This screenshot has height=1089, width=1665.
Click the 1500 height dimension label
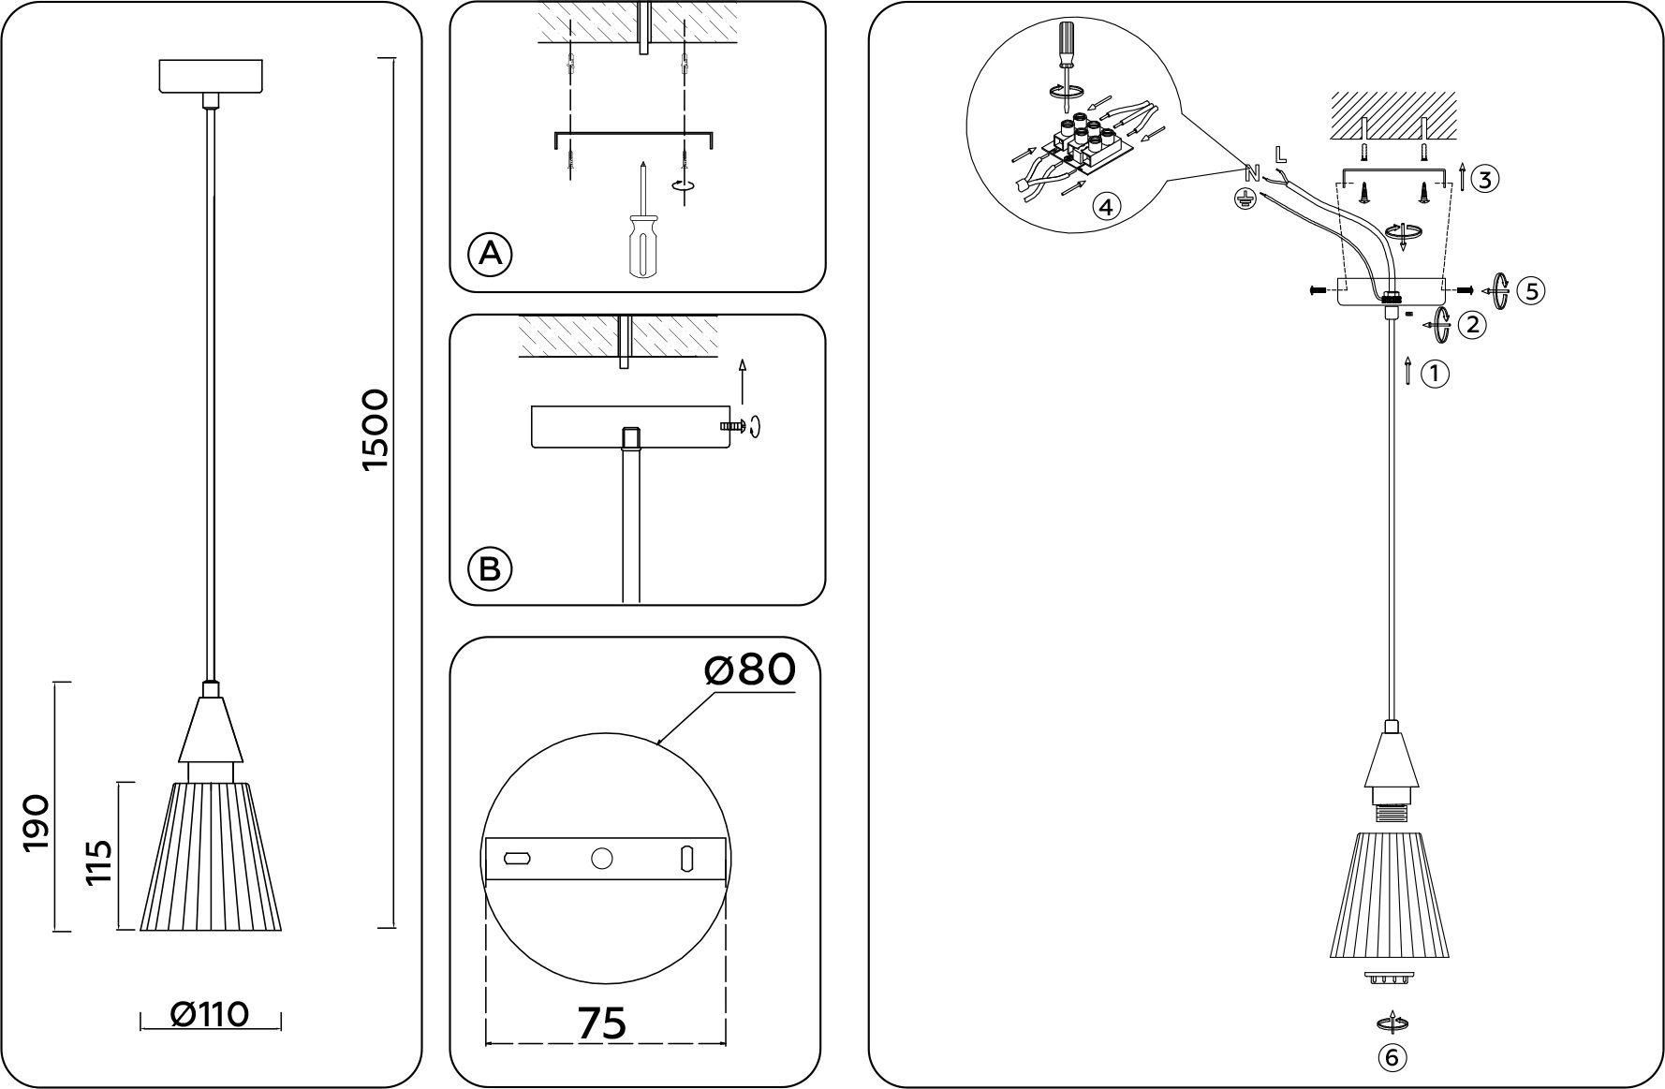[375, 430]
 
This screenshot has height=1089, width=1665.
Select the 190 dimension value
[36, 823]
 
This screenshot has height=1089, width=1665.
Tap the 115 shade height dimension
[99, 862]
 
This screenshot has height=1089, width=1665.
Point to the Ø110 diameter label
[210, 1014]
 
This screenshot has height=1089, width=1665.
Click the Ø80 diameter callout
[749, 670]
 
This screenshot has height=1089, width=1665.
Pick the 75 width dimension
[601, 1023]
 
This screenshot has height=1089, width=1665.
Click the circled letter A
[490, 254]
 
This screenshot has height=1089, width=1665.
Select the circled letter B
[490, 568]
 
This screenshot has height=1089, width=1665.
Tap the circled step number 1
[1435, 375]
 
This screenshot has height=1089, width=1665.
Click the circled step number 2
[1473, 325]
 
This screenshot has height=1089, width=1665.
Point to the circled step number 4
[1106, 207]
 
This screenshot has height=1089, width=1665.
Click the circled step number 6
[1392, 1057]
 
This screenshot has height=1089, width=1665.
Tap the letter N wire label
[1251, 172]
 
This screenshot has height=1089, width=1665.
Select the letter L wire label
[1281, 153]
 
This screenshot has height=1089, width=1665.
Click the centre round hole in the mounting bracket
[602, 858]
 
